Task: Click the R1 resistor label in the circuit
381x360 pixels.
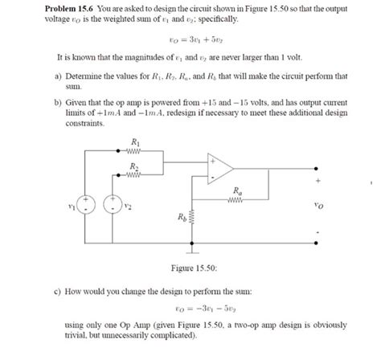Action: tap(133, 142)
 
